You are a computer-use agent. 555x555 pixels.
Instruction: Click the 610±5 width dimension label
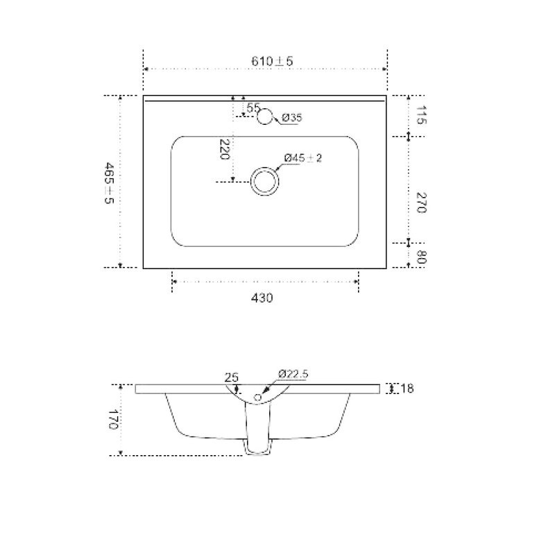point(272,61)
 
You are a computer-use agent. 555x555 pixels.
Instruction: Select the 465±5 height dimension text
point(109,182)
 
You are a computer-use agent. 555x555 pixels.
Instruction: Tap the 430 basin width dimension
point(262,298)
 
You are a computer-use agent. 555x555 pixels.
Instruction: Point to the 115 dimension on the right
point(421,114)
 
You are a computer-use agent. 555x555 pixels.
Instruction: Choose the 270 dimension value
point(421,203)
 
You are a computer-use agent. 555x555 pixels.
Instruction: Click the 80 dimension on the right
point(421,257)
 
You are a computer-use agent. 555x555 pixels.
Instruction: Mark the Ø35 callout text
point(292,117)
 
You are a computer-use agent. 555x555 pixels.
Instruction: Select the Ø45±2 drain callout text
point(303,158)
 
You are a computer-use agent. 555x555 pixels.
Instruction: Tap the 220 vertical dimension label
point(225,149)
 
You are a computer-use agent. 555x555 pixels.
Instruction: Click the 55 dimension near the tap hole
point(253,108)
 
